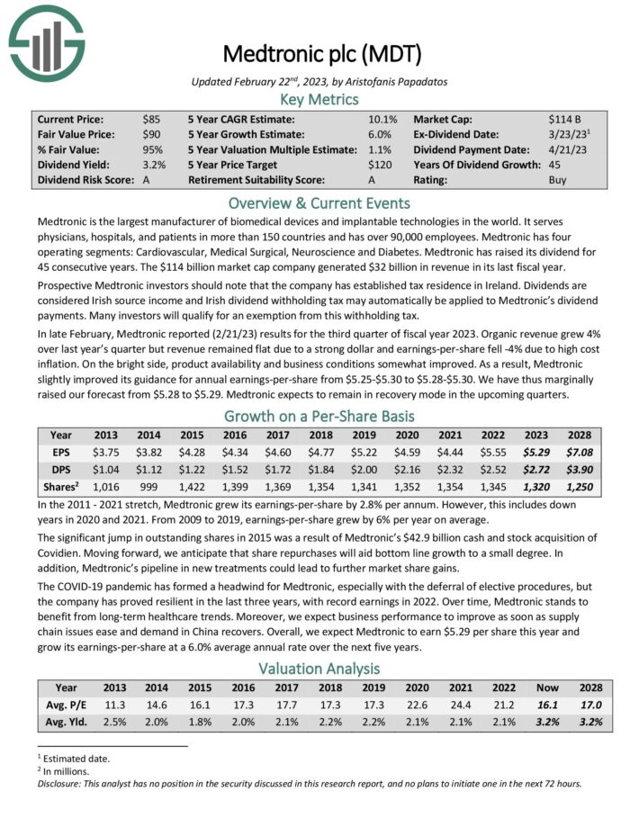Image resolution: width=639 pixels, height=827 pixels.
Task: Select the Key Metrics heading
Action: click(x=319, y=99)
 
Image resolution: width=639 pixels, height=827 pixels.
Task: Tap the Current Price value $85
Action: click(x=151, y=119)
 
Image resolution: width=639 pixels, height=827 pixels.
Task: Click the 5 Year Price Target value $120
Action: click(x=382, y=165)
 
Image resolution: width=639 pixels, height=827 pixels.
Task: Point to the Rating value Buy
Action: click(x=558, y=180)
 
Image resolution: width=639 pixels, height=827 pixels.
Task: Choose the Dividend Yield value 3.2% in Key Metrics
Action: click(x=154, y=165)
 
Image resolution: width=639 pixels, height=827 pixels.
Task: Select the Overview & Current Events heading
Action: click(x=319, y=202)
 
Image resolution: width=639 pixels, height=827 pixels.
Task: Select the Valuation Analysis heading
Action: click(x=319, y=669)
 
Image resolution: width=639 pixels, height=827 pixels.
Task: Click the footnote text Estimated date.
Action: click(x=76, y=758)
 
